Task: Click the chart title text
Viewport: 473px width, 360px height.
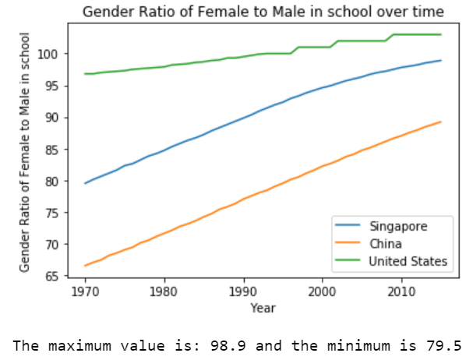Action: (x=263, y=11)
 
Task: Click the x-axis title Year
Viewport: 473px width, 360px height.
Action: (x=263, y=308)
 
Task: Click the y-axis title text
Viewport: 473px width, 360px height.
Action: (x=25, y=152)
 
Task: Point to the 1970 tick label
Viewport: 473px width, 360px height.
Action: (x=84, y=291)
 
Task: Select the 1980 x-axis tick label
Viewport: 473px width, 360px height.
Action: (x=164, y=291)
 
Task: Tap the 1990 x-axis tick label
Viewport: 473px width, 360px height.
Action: (x=243, y=291)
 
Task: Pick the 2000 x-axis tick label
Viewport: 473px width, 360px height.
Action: (x=322, y=291)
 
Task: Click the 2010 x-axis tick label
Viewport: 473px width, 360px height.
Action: (x=401, y=291)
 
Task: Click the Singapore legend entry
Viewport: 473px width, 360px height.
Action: (x=399, y=227)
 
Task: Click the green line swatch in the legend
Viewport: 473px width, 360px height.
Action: (x=350, y=261)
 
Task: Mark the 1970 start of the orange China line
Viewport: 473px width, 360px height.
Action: (x=85, y=266)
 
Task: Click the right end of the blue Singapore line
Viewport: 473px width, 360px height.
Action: (x=441, y=60)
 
